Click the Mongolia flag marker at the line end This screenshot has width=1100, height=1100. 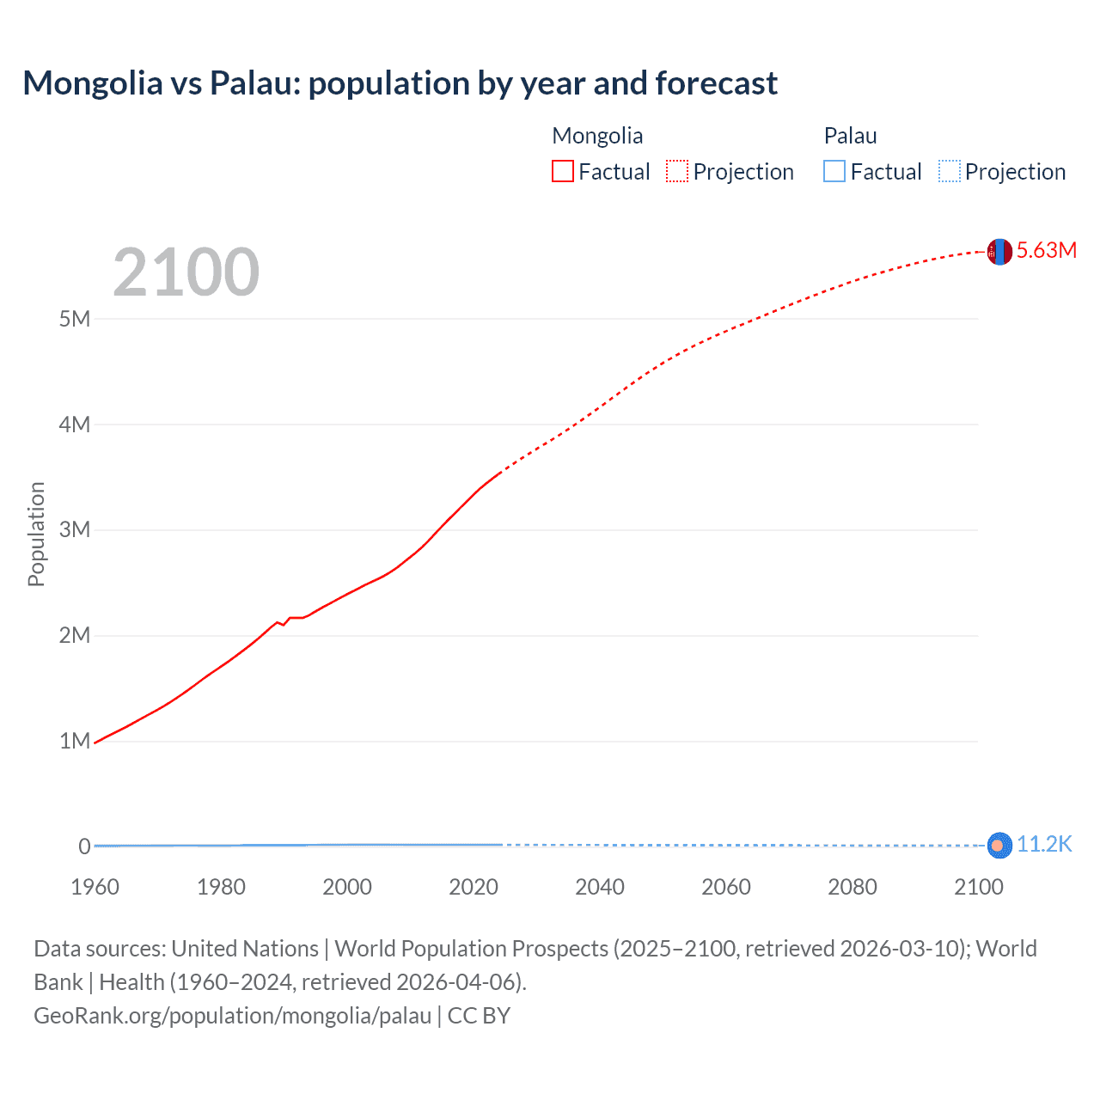coord(999,252)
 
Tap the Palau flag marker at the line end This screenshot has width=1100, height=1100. coord(999,846)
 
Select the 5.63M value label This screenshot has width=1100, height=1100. coord(1046,250)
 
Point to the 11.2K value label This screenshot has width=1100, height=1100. coord(1044,845)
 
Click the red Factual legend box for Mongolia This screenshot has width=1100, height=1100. coord(563,172)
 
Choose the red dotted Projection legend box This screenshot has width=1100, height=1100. coord(677,172)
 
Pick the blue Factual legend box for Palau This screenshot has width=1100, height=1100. coord(834,172)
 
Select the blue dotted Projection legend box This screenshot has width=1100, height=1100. coord(950,172)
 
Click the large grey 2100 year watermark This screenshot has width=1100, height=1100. coord(186,272)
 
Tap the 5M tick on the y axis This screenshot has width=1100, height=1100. coord(75,319)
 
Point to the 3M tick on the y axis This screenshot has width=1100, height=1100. coord(75,529)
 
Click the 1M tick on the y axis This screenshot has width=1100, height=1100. coord(75,741)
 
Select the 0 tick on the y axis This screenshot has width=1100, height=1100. coord(84,846)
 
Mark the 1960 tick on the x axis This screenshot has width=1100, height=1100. coord(95,887)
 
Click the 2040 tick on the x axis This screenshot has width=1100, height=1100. coord(600,887)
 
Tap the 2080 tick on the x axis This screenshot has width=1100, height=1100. coord(852,887)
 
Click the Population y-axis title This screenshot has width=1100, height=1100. coord(36,534)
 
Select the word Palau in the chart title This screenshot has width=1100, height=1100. coord(254,83)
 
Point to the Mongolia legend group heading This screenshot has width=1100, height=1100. coord(597,136)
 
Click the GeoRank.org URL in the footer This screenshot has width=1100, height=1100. coord(232,1016)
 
